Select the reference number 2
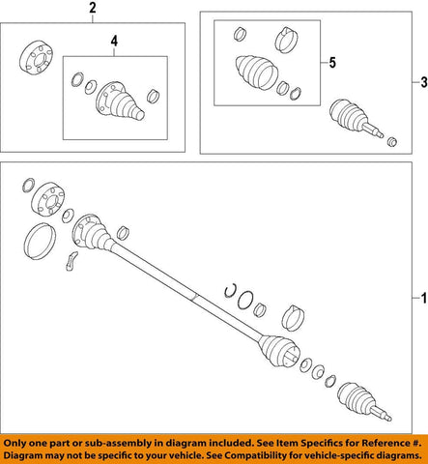click(x=94, y=12)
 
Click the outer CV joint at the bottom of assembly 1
click(x=360, y=399)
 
